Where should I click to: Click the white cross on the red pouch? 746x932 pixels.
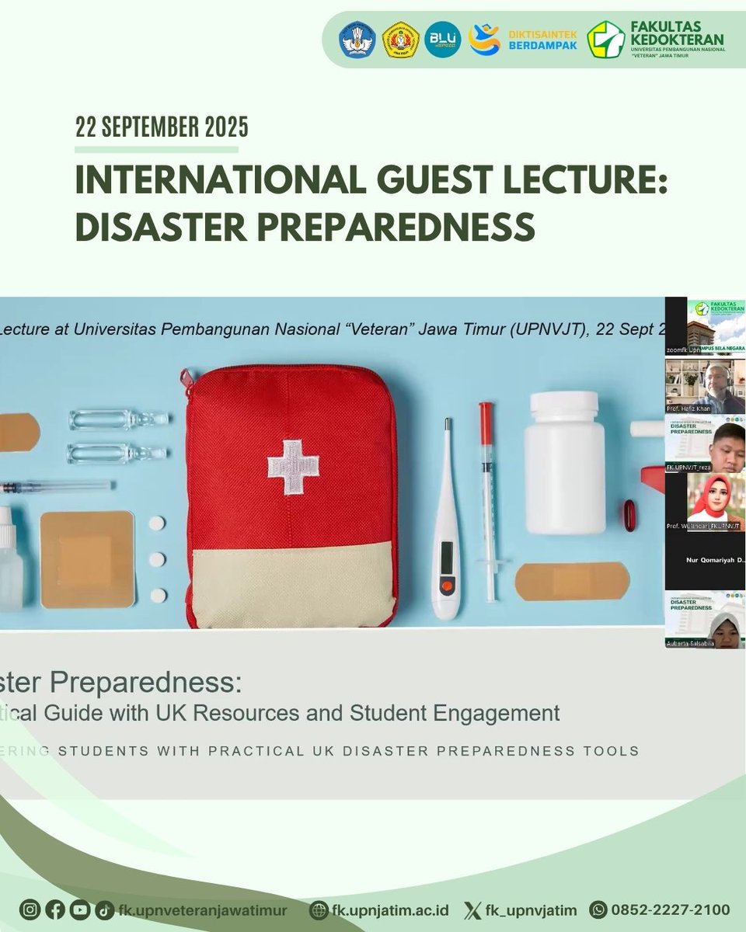pyautogui.click(x=293, y=467)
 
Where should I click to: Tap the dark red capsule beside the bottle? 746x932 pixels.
pyautogui.click(x=629, y=516)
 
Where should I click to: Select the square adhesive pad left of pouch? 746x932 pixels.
pyautogui.click(x=87, y=558)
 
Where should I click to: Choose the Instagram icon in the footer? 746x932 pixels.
pyautogui.click(x=30, y=910)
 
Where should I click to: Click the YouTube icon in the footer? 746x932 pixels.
pyautogui.click(x=78, y=910)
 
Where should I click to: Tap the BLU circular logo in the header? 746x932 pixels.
pyautogui.click(x=443, y=40)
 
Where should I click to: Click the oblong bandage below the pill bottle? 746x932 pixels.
pyautogui.click(x=572, y=581)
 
